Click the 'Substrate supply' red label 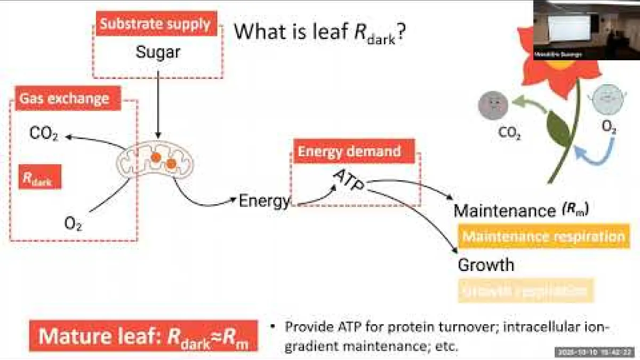(x=155, y=24)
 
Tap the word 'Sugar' (x=158, y=52)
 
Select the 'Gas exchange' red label (x=65, y=98)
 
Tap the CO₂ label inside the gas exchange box (x=44, y=135)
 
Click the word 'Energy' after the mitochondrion (x=265, y=201)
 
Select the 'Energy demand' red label (x=349, y=151)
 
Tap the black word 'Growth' (x=486, y=265)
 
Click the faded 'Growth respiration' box (x=525, y=291)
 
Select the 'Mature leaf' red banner (x=143, y=337)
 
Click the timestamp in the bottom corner (x=595, y=353)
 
